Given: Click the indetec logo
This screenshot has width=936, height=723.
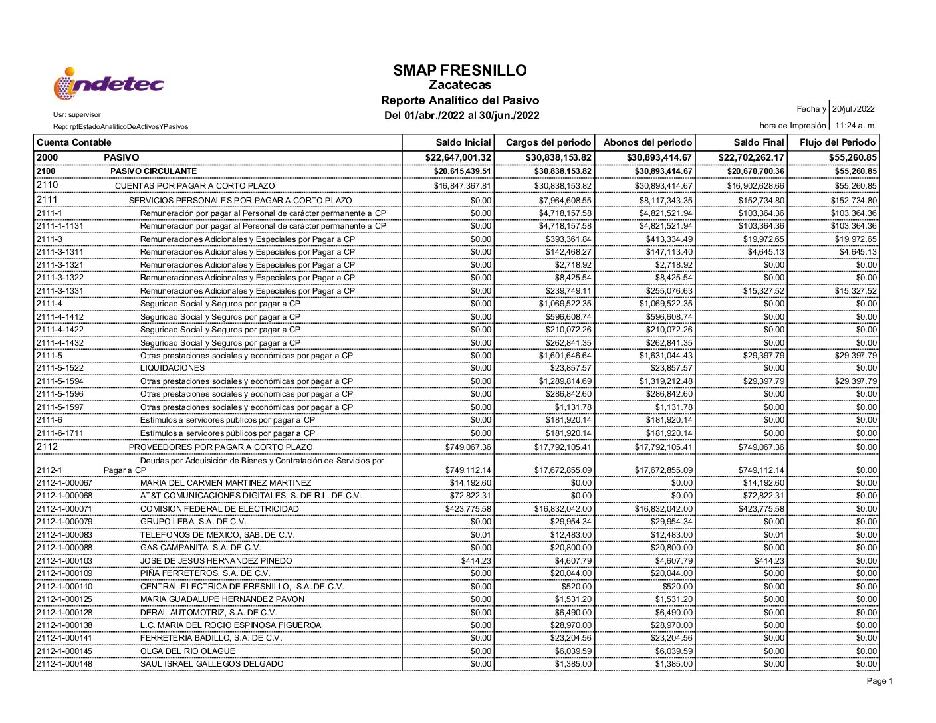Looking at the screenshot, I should tap(108, 84).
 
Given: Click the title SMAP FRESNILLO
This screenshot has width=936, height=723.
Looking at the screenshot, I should tap(459, 70).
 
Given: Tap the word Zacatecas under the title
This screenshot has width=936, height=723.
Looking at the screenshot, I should tap(459, 85).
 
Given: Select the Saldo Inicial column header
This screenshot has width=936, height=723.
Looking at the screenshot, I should tap(463, 142).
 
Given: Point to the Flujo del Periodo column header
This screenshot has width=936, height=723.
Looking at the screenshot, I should tap(838, 142).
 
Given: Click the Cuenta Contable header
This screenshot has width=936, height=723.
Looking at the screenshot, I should tap(74, 142).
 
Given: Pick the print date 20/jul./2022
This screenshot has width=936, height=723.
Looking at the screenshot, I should tap(854, 109).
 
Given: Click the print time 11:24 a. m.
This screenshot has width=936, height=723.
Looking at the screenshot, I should tap(856, 126).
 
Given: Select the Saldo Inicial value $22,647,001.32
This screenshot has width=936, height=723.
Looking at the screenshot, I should tap(458, 157).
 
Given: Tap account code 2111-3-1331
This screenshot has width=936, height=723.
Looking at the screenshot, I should tap(60, 291).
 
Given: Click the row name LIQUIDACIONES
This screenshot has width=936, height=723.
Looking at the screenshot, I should tap(172, 368).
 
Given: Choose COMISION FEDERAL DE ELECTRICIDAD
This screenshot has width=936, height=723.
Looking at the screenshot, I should tap(219, 509).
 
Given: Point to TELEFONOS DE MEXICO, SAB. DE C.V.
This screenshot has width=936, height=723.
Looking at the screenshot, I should tap(217, 535).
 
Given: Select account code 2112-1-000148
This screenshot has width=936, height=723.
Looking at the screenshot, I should tap(64, 664).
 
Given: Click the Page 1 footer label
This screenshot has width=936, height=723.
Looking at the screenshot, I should tap(880, 681).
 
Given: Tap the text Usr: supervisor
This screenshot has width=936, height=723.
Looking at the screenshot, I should tap(77, 115).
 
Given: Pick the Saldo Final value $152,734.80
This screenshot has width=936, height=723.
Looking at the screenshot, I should tap(760, 201).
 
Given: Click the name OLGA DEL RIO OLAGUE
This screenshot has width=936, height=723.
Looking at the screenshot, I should tap(187, 651).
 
